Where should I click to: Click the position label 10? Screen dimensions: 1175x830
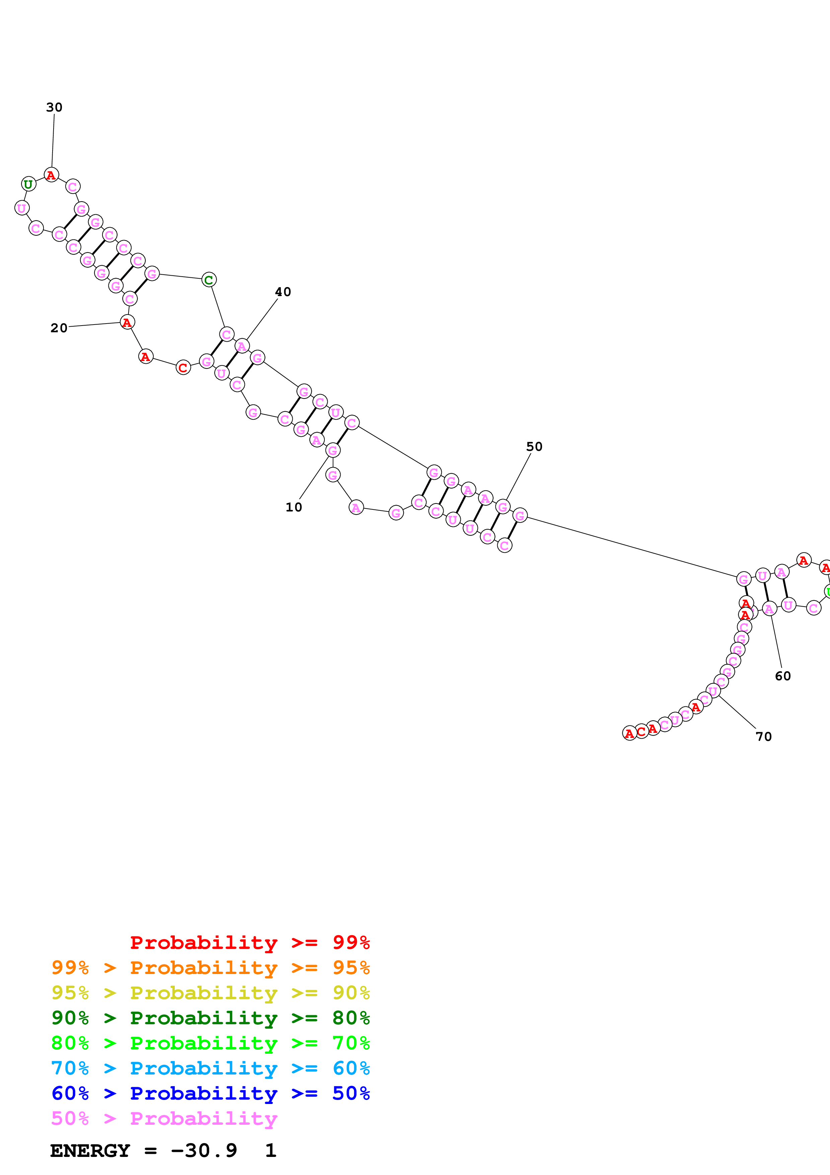pyautogui.click(x=294, y=507)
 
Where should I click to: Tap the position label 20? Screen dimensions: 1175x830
pyautogui.click(x=59, y=328)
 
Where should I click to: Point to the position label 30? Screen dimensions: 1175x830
pyautogui.click(x=54, y=108)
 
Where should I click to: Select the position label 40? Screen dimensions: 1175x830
pyautogui.click(x=283, y=292)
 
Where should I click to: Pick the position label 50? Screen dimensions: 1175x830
pyautogui.click(x=534, y=447)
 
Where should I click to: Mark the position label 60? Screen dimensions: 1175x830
pyautogui.click(x=782, y=676)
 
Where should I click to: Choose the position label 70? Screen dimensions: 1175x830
pyautogui.click(x=763, y=737)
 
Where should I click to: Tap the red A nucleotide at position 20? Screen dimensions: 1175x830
pyautogui.click(x=127, y=323)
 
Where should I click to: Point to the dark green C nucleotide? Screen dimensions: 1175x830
pyautogui.click(x=209, y=280)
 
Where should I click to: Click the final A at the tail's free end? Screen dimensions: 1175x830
pyautogui.click(x=629, y=733)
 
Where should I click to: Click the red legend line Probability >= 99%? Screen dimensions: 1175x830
pyautogui.click(x=249, y=943)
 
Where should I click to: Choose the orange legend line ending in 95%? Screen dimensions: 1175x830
pyautogui.click(x=210, y=968)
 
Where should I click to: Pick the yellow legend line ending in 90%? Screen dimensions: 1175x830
pyautogui.click(x=210, y=993)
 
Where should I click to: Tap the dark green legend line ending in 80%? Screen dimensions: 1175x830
pyautogui.click(x=210, y=1018)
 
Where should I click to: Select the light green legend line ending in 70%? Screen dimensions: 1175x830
pyautogui.click(x=210, y=1043)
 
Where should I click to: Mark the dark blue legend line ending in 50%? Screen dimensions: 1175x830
pyautogui.click(x=210, y=1093)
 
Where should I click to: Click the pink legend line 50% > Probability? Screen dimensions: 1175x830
pyautogui.click(x=164, y=1118)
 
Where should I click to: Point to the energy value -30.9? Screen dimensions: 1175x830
pyautogui.click(x=204, y=1151)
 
